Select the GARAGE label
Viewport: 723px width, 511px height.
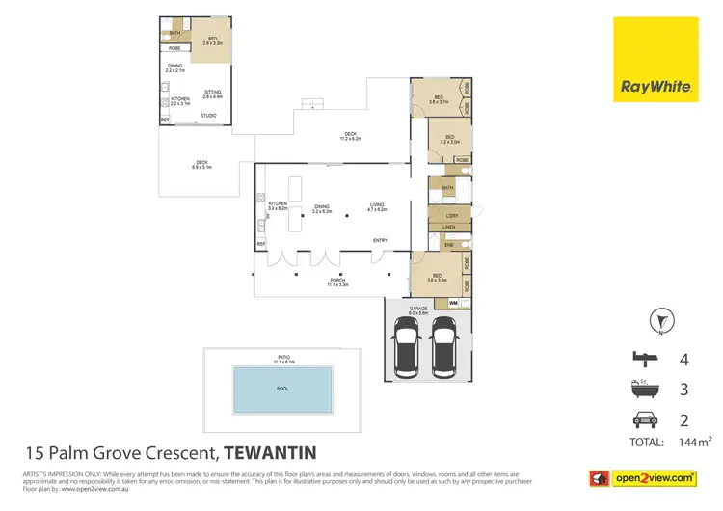click(x=417, y=309)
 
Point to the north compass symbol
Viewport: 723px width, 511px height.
click(x=661, y=319)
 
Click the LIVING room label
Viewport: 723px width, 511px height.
click(x=377, y=205)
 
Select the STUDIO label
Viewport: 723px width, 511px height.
click(x=208, y=116)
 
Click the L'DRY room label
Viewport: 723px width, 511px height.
click(x=450, y=215)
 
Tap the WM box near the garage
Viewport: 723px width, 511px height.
click(x=453, y=303)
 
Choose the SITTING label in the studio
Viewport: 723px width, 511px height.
click(x=212, y=93)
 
